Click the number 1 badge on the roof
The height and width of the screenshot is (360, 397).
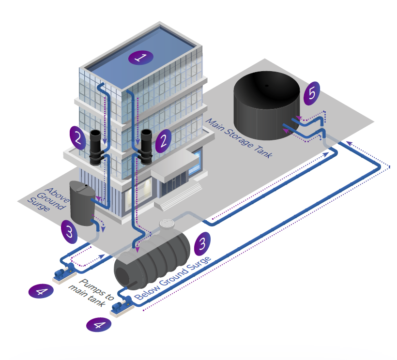[141, 58]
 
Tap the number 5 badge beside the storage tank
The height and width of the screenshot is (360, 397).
[312, 93]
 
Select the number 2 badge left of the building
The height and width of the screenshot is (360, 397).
[78, 138]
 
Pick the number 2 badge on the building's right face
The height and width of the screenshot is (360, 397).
[163, 141]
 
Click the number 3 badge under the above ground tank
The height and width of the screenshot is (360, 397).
[69, 232]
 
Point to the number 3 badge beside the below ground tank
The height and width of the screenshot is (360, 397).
[202, 244]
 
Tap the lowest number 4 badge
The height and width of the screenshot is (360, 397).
[99, 325]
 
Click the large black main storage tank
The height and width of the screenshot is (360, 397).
[267, 105]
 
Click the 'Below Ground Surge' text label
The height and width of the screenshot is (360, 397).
[173, 278]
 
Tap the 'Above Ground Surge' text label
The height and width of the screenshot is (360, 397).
[48, 199]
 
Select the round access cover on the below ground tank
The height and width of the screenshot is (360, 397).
[167, 224]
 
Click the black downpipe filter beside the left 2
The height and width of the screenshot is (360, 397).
[96, 147]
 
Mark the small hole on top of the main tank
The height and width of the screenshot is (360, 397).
[267, 86]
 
